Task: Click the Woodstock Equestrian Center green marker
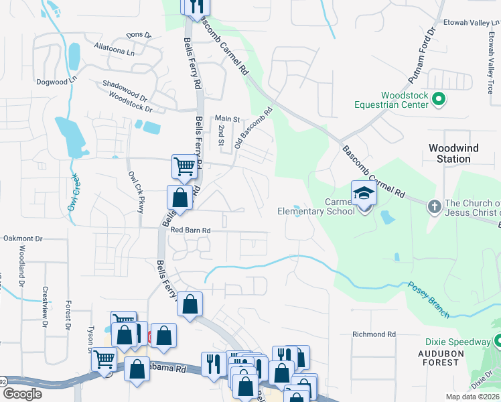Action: pyautogui.click(x=439, y=100)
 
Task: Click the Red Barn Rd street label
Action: pyautogui.click(x=190, y=230)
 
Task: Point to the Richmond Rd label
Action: pyautogui.click(x=374, y=334)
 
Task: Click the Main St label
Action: pyautogui.click(x=227, y=119)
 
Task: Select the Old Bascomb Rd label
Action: pyautogui.click(x=253, y=129)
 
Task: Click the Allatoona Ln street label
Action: pyautogui.click(x=115, y=49)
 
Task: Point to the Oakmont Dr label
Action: pyautogui.click(x=22, y=238)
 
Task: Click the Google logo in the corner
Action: pyautogui.click(x=22, y=393)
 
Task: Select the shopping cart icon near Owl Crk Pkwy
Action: pyautogui.click(x=184, y=166)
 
